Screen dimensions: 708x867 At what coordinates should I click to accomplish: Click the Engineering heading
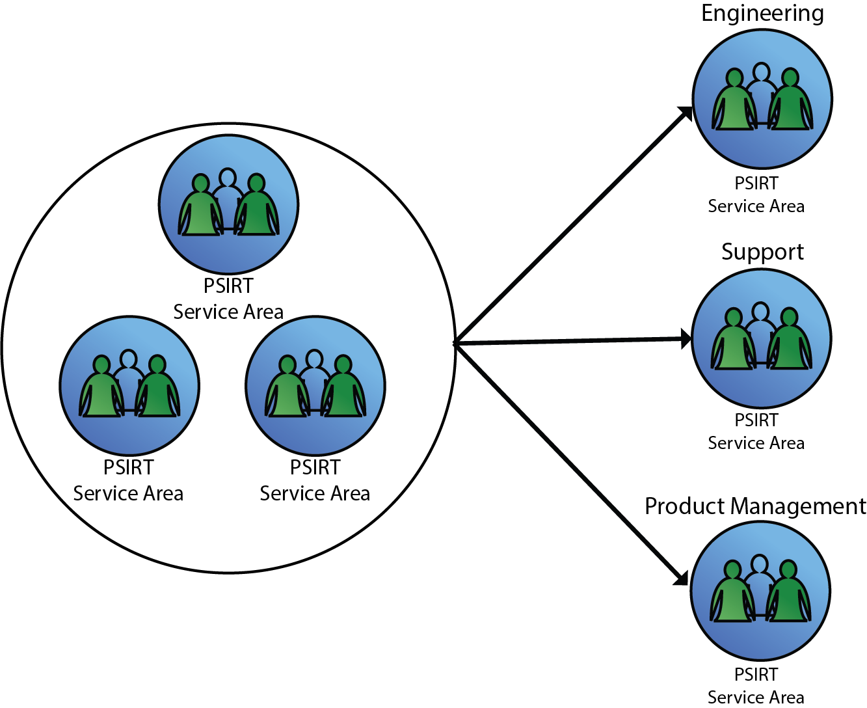762,14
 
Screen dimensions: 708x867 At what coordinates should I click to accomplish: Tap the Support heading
762,252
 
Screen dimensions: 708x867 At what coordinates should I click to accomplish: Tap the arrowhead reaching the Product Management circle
682,579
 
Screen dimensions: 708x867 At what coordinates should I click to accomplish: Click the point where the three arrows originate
455,343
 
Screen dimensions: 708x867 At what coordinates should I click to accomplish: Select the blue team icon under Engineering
762,99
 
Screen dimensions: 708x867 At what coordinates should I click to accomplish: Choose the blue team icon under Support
762,338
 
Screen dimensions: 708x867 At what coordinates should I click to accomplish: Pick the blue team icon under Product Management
760,591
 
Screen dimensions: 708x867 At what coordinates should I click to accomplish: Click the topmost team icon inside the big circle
229,204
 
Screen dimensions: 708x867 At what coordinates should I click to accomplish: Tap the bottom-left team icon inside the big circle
129,386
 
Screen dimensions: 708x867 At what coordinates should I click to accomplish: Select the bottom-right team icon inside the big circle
315,386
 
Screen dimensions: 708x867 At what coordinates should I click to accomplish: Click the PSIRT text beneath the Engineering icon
756,184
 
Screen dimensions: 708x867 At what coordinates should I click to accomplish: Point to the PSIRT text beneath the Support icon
756,420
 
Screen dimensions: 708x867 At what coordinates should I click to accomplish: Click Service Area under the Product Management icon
756,697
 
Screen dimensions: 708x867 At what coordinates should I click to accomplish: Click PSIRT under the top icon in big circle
228,286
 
